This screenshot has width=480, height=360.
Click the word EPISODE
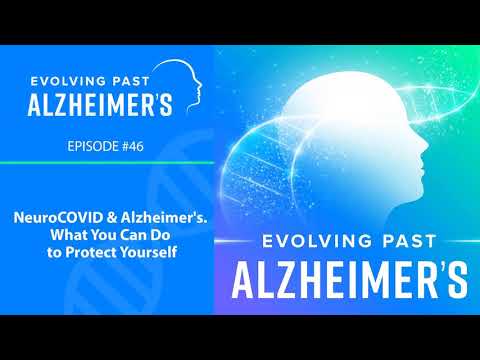[93, 146]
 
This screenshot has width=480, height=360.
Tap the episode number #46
[133, 146]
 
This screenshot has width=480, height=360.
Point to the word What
[69, 235]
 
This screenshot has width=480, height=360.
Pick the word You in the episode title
[104, 235]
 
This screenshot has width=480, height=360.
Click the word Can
[134, 235]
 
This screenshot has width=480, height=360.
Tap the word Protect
[91, 252]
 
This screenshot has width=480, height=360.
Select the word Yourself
[148, 252]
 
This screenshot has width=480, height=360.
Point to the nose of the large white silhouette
[425, 145]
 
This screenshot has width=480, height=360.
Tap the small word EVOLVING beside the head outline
[69, 81]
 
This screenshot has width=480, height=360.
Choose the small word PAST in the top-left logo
[131, 81]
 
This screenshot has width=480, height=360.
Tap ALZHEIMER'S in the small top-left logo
[100, 105]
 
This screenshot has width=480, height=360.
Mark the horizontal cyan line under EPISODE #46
[107, 163]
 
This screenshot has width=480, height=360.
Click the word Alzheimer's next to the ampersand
[164, 218]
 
